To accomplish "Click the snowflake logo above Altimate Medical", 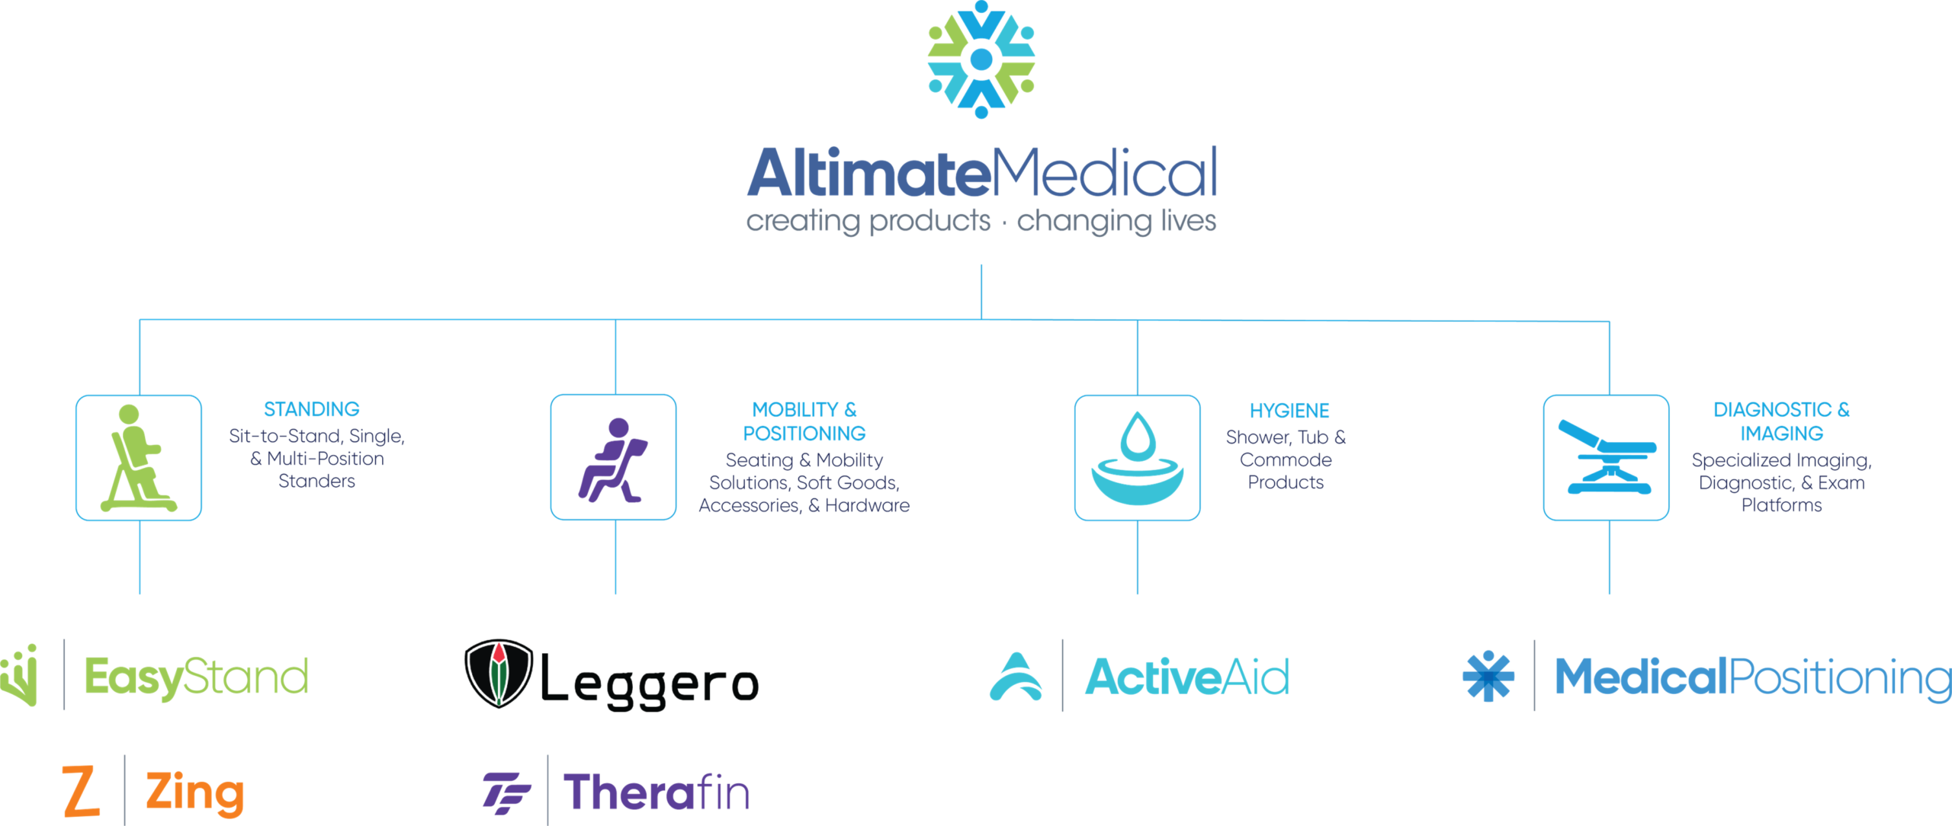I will (981, 59).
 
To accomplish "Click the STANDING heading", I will (311, 409).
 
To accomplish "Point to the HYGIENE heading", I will (1289, 411).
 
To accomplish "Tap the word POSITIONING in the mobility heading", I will (804, 434).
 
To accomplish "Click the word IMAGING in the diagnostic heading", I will (1781, 434).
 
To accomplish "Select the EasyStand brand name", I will (196, 677).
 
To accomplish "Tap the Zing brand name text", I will (195, 792).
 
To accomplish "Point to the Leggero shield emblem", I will (499, 674).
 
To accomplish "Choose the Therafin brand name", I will (656, 792).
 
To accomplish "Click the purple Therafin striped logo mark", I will (506, 792).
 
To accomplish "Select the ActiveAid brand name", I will (1186, 677).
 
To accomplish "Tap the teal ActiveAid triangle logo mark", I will (1016, 677).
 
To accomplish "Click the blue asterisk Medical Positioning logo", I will (1488, 676).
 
